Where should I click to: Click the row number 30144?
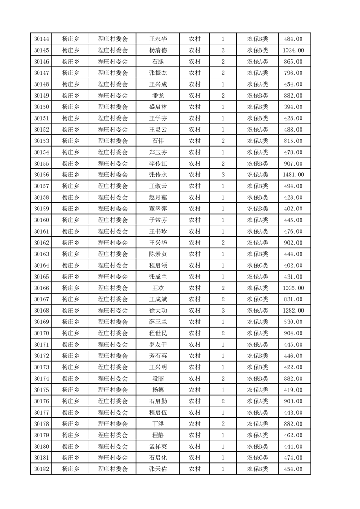pos(41,39)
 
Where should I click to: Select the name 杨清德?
pos(158,50)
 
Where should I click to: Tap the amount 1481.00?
pos(293,175)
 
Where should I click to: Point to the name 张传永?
pos(158,175)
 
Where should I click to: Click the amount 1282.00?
pos(293,310)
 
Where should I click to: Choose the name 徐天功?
pos(158,310)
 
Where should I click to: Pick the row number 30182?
pos(41,469)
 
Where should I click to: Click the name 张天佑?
pos(158,469)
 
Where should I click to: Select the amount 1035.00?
pos(293,288)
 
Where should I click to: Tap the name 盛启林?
pos(158,107)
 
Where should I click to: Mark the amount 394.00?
pos(293,107)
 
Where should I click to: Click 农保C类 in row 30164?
pos(257,265)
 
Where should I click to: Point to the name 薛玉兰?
pos(158,322)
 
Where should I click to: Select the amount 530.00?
pos(293,322)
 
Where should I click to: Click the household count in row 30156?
pos(223,175)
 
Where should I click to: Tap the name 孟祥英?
pos(158,446)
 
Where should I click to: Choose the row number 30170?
pos(41,333)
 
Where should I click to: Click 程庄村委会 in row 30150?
pos(113,107)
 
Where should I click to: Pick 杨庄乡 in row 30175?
pos(70,390)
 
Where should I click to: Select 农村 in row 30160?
pos(195,220)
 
